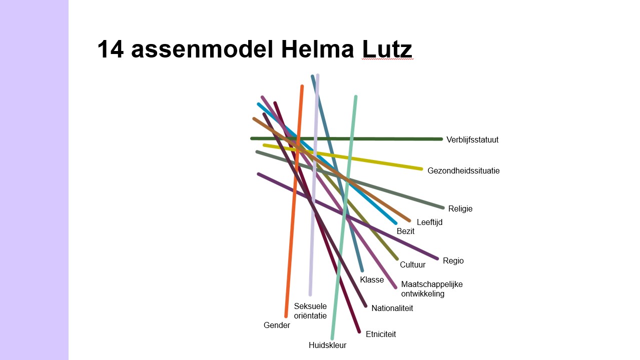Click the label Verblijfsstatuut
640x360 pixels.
point(472,140)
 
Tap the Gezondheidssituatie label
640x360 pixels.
point(463,171)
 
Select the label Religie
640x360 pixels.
point(460,209)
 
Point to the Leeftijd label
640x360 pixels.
point(429,222)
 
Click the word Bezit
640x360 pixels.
point(405,231)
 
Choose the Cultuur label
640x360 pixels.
point(412,265)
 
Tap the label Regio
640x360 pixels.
point(453,261)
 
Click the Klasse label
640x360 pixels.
point(372,280)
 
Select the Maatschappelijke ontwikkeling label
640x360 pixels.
point(431,289)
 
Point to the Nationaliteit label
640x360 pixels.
point(392,308)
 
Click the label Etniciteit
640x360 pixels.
point(380,334)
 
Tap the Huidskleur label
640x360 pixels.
point(327,345)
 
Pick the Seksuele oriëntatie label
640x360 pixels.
point(310,311)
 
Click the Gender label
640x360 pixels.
point(277,325)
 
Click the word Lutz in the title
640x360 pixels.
point(387,49)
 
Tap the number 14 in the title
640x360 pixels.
point(110,49)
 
